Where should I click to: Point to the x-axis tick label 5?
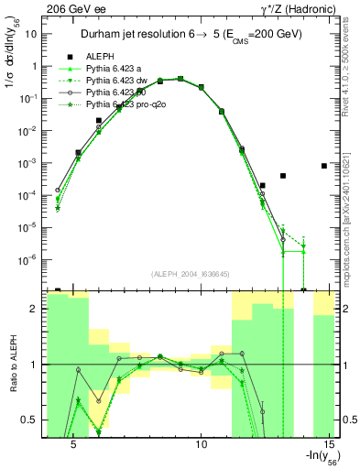tap(75, 444)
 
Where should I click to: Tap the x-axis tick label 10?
tap(203, 444)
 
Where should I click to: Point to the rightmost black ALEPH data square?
tap(324, 166)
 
